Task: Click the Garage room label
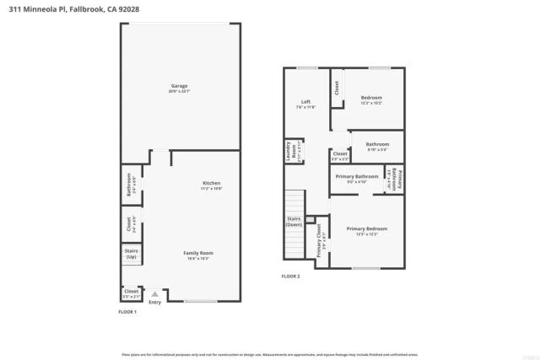point(179,88)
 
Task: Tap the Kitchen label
point(211,185)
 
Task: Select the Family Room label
point(199,255)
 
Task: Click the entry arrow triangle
point(154,294)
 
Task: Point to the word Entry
point(154,303)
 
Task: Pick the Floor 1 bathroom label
point(131,185)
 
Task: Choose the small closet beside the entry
point(131,293)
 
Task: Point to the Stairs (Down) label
point(294,221)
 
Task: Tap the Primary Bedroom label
point(366,231)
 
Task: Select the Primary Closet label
point(319,239)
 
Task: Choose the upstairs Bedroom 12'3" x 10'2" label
point(371,100)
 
